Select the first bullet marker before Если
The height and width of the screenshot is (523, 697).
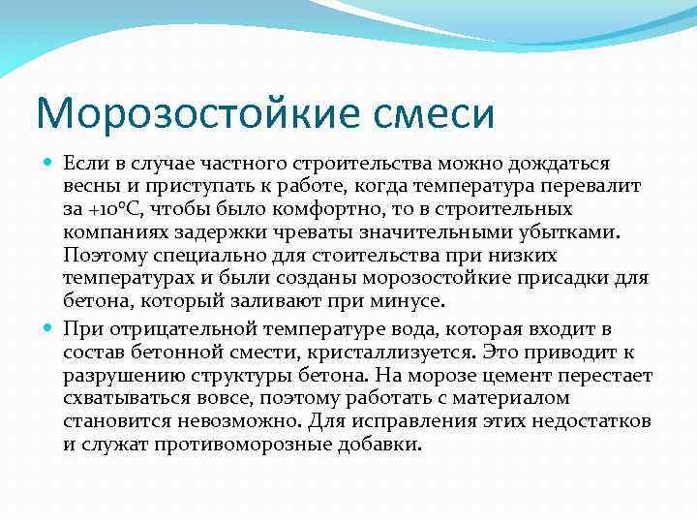coord(48,164)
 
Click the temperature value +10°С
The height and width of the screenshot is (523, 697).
coord(113,209)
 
